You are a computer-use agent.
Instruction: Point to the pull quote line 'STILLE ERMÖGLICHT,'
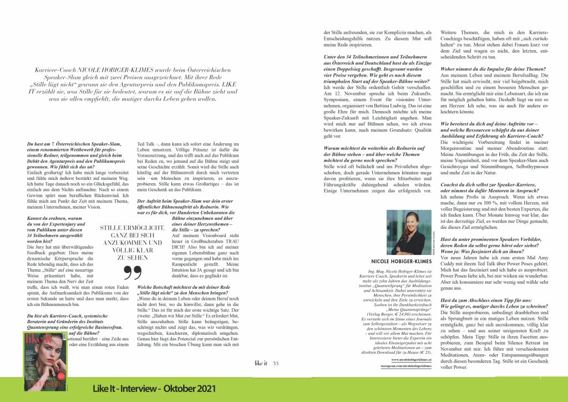(x=131, y=228)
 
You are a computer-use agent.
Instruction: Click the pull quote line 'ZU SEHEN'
(x=131, y=258)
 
